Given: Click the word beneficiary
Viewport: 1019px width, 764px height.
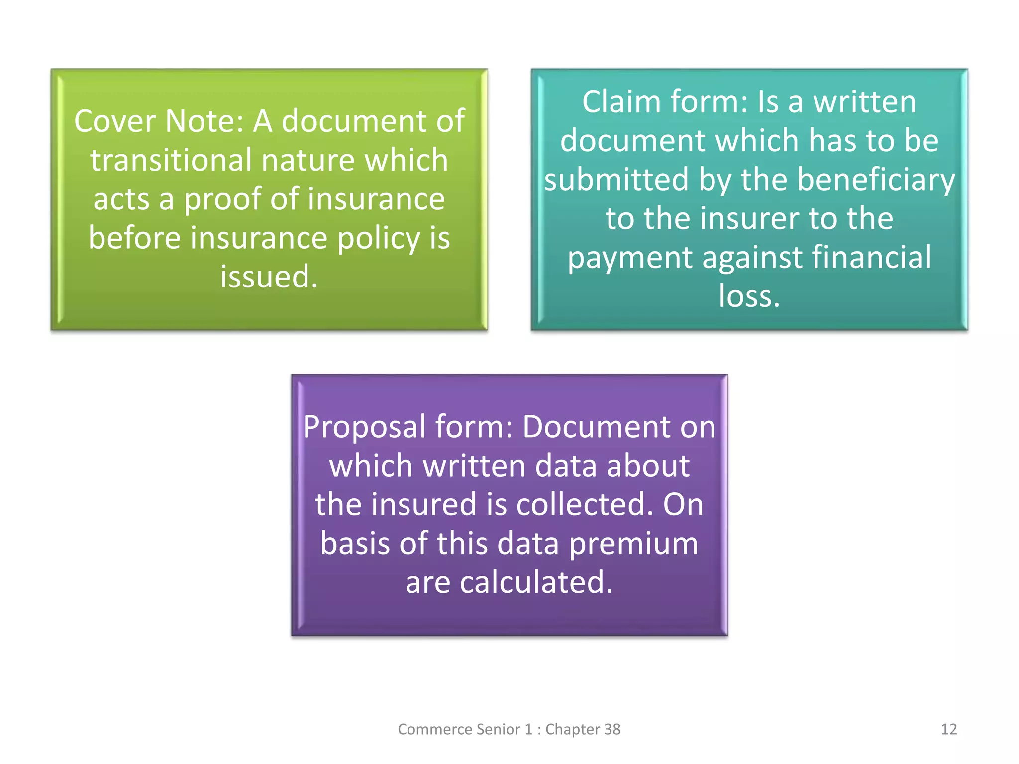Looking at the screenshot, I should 876,180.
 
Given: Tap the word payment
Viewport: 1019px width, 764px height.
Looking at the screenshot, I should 630,258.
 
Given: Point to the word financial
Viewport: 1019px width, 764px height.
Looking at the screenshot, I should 872,257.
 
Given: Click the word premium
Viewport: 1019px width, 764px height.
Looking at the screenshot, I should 633,544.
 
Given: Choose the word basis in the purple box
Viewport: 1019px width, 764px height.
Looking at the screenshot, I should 354,543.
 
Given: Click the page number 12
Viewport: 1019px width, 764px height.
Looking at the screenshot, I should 948,729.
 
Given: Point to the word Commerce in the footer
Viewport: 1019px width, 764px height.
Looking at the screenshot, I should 434,729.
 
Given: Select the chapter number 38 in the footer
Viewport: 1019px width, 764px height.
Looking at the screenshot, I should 612,729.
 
